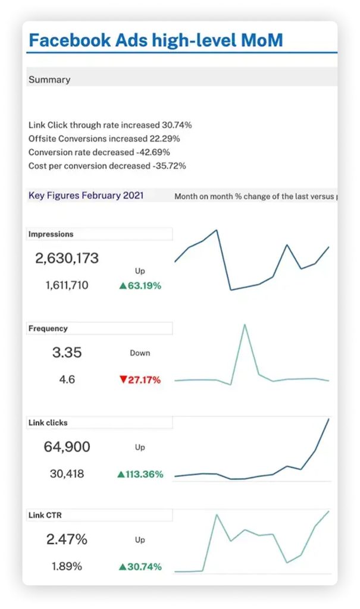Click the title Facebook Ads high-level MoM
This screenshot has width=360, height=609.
click(x=155, y=40)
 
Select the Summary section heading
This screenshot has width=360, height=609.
click(x=49, y=80)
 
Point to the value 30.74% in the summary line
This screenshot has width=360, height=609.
click(x=176, y=125)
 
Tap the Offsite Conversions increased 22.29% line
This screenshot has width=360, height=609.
click(x=104, y=139)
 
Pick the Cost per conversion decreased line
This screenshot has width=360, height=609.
click(x=107, y=166)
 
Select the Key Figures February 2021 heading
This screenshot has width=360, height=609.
click(x=86, y=196)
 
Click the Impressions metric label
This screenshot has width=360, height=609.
click(x=51, y=234)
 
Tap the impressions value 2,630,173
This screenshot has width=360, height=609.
click(x=67, y=259)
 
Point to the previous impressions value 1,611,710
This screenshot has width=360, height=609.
click(x=67, y=285)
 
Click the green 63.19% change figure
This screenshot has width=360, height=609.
click(x=140, y=285)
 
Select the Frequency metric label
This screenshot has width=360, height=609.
click(x=48, y=328)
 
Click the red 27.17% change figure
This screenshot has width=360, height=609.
click(x=140, y=379)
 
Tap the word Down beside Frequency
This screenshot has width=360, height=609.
click(x=140, y=353)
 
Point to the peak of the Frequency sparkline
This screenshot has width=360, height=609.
click(x=245, y=325)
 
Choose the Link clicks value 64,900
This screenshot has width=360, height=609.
click(x=67, y=447)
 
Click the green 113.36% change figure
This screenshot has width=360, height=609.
click(x=140, y=474)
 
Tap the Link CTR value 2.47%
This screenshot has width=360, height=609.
click(x=67, y=540)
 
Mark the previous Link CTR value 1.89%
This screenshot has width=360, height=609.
click(x=67, y=567)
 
